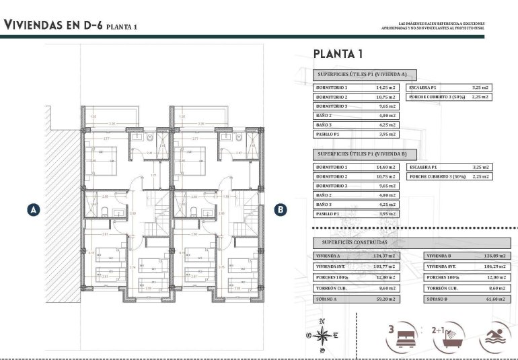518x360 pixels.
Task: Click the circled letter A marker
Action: (32, 209)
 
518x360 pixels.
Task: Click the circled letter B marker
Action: (280, 209)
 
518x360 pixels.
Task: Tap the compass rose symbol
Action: (322, 335)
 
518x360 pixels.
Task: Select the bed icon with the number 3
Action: (402, 335)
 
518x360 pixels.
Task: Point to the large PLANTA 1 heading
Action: (338, 54)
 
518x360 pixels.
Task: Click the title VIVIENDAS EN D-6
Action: (53, 26)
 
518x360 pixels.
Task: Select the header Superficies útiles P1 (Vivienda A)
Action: (366, 75)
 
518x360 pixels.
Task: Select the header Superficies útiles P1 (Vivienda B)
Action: (366, 154)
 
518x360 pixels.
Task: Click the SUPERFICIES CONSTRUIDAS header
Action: (355, 242)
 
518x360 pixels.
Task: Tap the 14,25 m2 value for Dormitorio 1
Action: (386, 87)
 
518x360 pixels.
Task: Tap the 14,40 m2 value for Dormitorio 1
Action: (386, 167)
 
